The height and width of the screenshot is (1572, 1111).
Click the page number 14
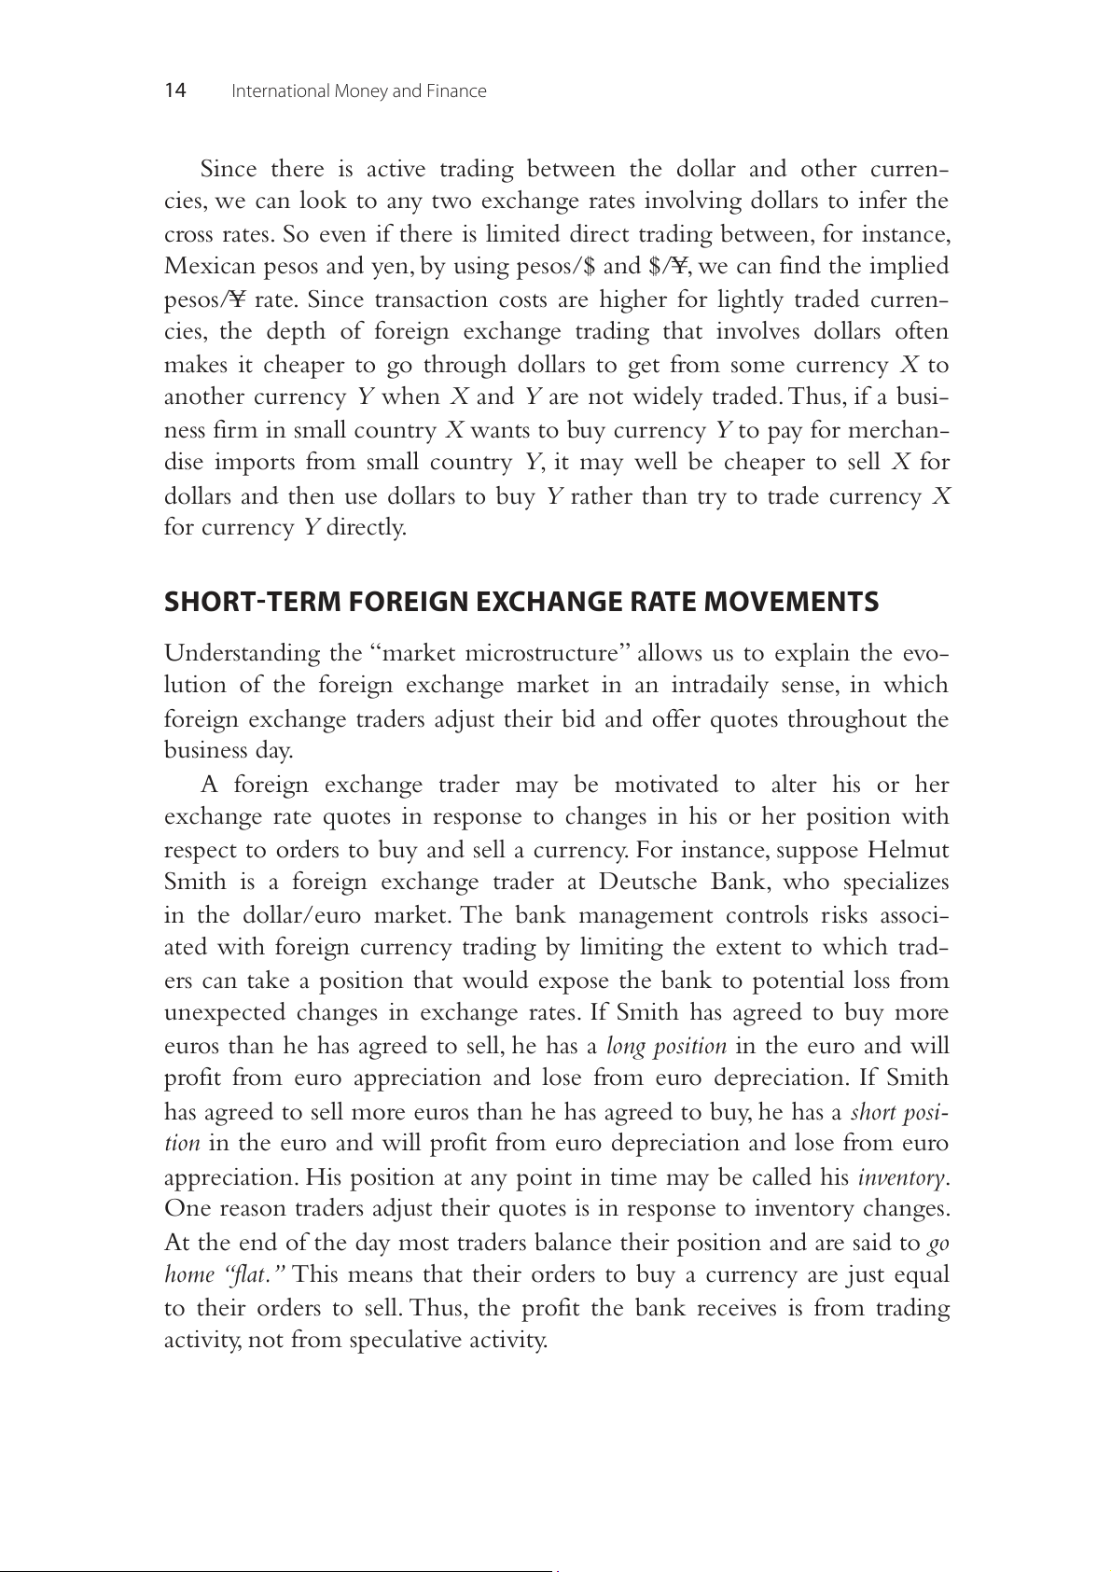click(175, 90)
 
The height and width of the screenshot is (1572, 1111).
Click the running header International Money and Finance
click(358, 91)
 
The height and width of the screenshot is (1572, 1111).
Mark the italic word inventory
click(901, 1177)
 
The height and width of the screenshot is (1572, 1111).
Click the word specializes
click(896, 883)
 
